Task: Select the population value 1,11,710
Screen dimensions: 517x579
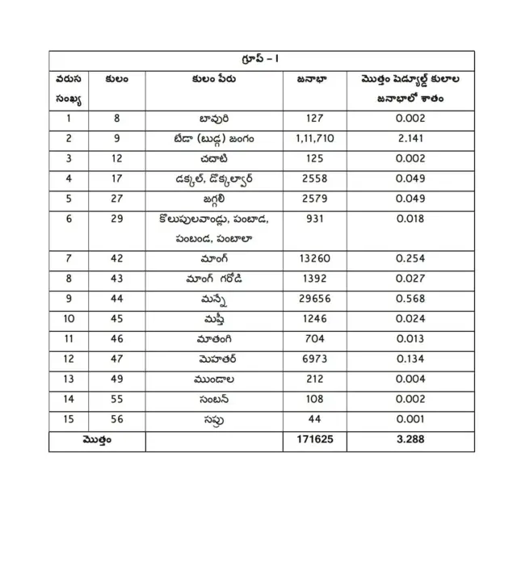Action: [x=315, y=138]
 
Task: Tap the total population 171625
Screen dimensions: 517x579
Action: [x=315, y=441]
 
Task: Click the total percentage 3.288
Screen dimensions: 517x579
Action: [x=410, y=441]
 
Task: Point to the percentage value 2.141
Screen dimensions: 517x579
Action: [x=410, y=138]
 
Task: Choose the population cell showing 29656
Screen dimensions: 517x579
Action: [x=315, y=300]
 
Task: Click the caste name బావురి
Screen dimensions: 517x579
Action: [x=214, y=118]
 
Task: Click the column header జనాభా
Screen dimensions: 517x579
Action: [x=315, y=79]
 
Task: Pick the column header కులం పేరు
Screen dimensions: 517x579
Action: [x=214, y=79]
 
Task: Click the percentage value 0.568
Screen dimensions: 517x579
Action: [x=410, y=300]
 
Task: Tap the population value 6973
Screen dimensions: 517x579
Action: [x=315, y=360]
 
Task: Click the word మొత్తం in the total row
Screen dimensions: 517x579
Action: [x=97, y=441]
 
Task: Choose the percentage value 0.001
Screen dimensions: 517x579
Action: [x=410, y=421]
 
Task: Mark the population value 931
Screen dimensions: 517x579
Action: [x=315, y=219]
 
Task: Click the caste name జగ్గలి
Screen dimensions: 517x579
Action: [x=214, y=199]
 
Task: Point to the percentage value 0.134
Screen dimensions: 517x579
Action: [x=410, y=360]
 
